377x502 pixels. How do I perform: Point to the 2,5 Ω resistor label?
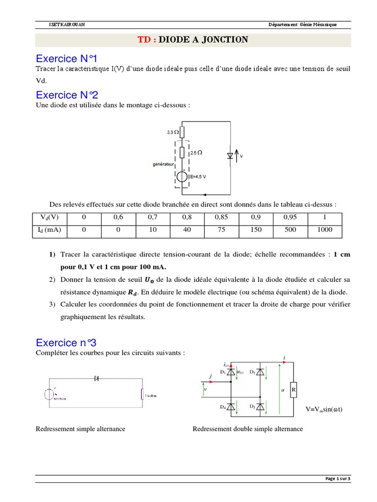pyautogui.click(x=196, y=153)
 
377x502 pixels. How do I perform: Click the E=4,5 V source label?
pyautogui.click(x=198, y=177)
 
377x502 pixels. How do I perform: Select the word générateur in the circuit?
pyautogui.click(x=163, y=165)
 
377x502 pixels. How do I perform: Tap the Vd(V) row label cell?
pyautogui.click(x=49, y=217)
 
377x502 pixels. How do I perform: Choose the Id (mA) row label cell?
pyautogui.click(x=49, y=229)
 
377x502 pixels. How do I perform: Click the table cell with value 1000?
pyautogui.click(x=324, y=229)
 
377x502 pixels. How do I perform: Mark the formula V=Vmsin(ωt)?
pyautogui.click(x=323, y=409)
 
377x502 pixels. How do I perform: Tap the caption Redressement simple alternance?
pyautogui.click(x=81, y=429)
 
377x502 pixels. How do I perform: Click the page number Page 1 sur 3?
pyautogui.click(x=338, y=479)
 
